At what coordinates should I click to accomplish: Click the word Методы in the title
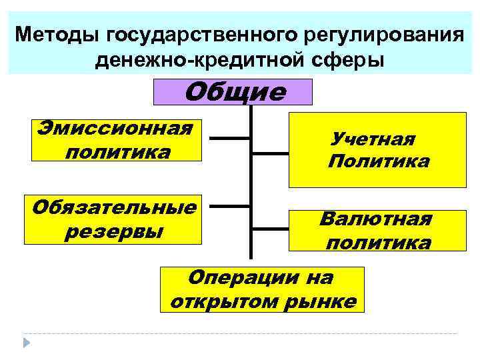tap(55, 33)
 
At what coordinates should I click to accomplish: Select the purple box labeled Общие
tap(233, 92)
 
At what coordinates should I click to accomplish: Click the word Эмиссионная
tap(115, 127)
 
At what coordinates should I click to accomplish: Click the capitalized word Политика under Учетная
tap(379, 161)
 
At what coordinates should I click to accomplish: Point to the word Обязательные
tap(115, 207)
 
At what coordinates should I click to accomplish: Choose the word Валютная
tap(375, 219)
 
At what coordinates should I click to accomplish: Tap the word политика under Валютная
tap(378, 242)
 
